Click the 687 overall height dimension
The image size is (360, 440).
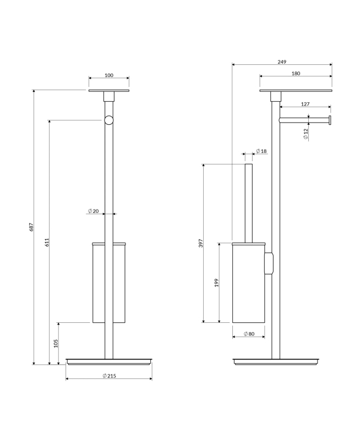[x=31, y=227]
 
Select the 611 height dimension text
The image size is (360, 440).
[x=47, y=242]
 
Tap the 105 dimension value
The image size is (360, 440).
[x=56, y=343]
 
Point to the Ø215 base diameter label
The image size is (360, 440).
[x=109, y=376]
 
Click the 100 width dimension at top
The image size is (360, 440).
[x=109, y=75]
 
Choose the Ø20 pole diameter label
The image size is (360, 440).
[x=93, y=211]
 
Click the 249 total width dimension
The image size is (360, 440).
[x=282, y=62]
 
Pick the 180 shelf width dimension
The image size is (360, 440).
[x=296, y=74]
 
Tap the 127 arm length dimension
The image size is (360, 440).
[x=306, y=104]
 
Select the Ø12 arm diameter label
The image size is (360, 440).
[x=306, y=134]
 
